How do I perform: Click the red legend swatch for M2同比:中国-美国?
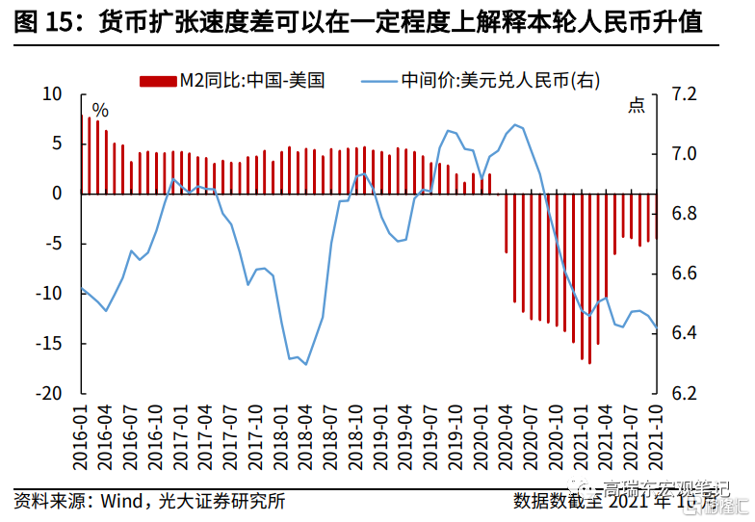tap(158, 80)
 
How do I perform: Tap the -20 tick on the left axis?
tap(48, 394)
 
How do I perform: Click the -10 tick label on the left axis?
tap(48, 294)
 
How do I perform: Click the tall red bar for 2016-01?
tap(90, 155)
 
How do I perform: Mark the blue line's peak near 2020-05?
tap(516, 124)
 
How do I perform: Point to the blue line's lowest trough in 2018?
tap(305, 364)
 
